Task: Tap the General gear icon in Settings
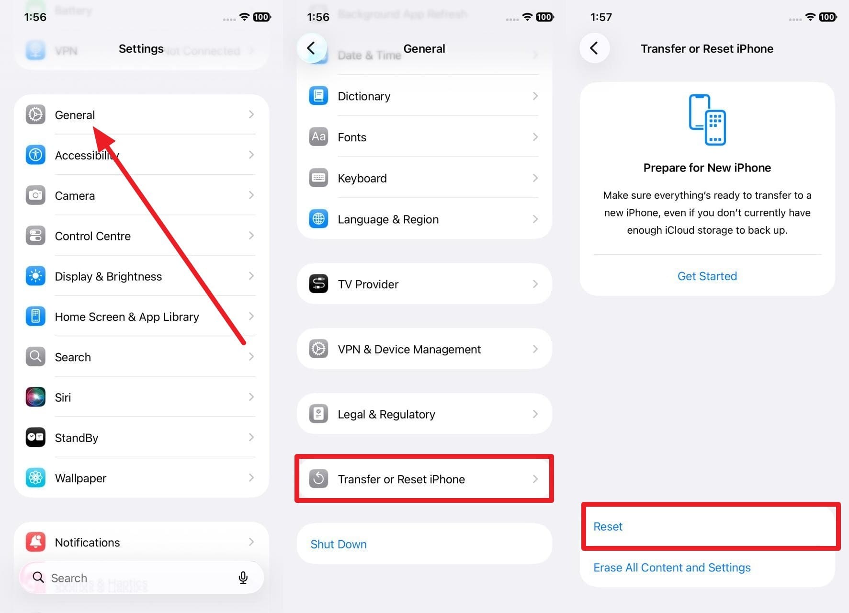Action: point(35,114)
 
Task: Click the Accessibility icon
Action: point(35,155)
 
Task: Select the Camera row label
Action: point(75,196)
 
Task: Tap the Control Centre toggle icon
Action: point(35,236)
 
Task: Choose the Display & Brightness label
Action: point(108,276)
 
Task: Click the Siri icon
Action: point(35,397)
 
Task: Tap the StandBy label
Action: point(77,438)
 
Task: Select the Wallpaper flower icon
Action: point(35,478)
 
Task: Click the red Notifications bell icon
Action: point(35,542)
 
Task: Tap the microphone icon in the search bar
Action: point(243,578)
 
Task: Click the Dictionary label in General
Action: point(364,96)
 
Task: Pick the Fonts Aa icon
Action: point(318,137)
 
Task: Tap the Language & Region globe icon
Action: point(318,219)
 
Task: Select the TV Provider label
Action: point(368,284)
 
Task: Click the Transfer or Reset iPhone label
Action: point(401,479)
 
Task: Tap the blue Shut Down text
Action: point(339,545)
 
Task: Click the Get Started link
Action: point(707,276)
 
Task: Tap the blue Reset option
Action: point(608,527)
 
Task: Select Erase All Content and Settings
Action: point(672,568)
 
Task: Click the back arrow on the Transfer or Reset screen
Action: point(594,48)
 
